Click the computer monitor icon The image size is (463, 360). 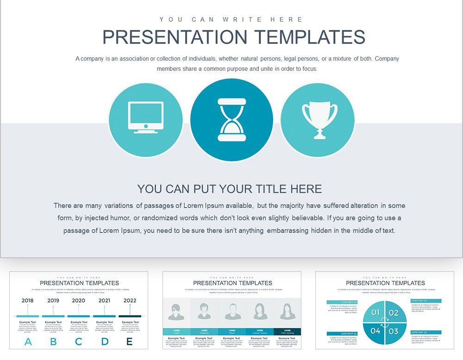[145, 118]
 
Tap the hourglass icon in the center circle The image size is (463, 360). [231, 119]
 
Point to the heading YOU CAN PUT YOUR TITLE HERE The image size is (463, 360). [229, 189]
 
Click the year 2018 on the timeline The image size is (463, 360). [27, 300]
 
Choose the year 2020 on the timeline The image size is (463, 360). [79, 300]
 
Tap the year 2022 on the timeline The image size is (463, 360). [130, 300]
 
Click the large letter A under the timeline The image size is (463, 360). [28, 342]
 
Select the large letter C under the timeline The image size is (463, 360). [79, 342]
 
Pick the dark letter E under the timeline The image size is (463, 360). [130, 342]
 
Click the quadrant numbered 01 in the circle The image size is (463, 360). [375, 313]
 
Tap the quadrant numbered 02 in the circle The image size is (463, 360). [394, 313]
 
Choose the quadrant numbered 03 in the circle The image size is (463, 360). [394, 331]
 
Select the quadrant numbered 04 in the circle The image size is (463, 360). [375, 331]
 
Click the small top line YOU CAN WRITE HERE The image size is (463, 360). [231, 19]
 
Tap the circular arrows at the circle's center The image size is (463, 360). [384, 322]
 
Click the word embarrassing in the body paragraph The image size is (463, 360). [290, 230]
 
